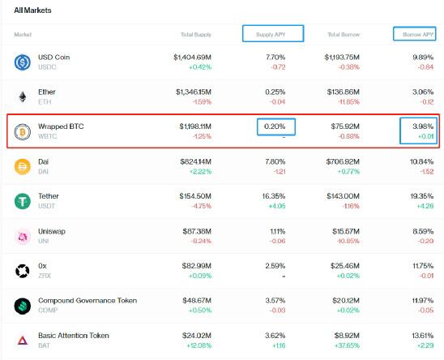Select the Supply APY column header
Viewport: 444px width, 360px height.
point(273,34)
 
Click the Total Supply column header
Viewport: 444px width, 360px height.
point(196,35)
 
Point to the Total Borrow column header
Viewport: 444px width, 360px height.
point(344,35)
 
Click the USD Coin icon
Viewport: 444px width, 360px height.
point(23,62)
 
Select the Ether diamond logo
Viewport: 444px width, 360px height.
point(23,96)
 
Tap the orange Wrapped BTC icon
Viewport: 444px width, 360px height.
point(23,131)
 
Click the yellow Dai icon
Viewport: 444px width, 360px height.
point(23,166)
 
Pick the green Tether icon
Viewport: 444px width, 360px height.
point(23,201)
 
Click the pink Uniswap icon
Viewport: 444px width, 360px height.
point(23,236)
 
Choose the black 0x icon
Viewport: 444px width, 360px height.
point(23,271)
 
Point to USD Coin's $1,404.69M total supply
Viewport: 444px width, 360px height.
point(193,58)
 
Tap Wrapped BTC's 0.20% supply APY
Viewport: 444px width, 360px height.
point(275,127)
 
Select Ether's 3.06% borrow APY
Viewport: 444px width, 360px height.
point(422,92)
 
